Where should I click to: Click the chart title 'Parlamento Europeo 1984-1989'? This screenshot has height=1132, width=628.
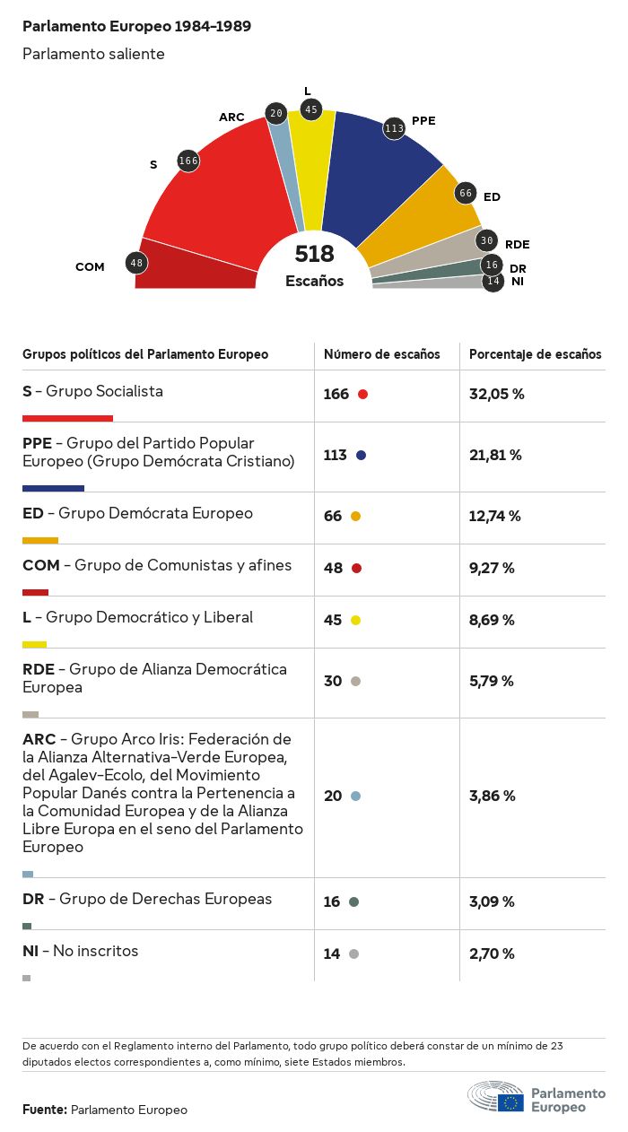[136, 26]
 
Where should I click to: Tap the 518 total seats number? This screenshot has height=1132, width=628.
[314, 254]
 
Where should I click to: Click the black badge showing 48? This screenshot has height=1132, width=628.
[136, 264]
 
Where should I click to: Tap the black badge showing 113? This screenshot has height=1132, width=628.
[394, 128]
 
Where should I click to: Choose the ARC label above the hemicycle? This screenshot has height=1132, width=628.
[231, 118]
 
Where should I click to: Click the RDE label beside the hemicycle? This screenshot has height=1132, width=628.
[517, 244]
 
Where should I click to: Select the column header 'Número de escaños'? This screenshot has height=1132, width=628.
[382, 354]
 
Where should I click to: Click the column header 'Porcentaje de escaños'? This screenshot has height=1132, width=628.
[536, 354]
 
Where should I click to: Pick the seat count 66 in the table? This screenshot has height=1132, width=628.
[333, 516]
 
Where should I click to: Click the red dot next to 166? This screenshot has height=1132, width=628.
[362, 394]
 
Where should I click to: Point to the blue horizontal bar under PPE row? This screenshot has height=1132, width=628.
[53, 488]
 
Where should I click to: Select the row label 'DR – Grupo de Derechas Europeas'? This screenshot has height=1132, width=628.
[147, 899]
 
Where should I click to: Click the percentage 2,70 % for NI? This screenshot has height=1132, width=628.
[492, 953]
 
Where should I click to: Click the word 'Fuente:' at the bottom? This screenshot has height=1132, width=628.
[45, 1110]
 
